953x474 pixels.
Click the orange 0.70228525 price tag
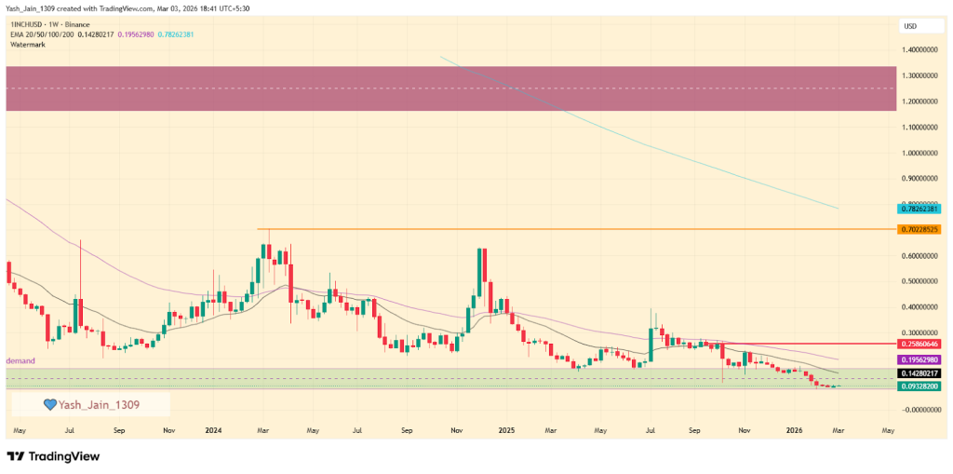click(920, 229)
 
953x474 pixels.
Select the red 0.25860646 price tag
click(920, 344)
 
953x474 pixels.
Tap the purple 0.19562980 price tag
click(920, 359)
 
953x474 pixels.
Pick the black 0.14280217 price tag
click(920, 372)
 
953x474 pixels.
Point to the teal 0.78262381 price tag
click(920, 209)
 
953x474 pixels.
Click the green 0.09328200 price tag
click(920, 386)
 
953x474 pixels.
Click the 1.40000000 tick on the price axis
click(920, 49)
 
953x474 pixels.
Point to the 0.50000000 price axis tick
click(920, 280)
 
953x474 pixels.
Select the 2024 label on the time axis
click(213, 431)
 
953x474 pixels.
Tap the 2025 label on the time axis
click(506, 431)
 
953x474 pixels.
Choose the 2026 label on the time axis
click(794, 431)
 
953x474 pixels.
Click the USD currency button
click(909, 26)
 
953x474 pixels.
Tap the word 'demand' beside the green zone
click(20, 360)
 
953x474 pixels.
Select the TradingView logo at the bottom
click(55, 456)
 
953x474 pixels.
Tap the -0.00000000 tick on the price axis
click(920, 409)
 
